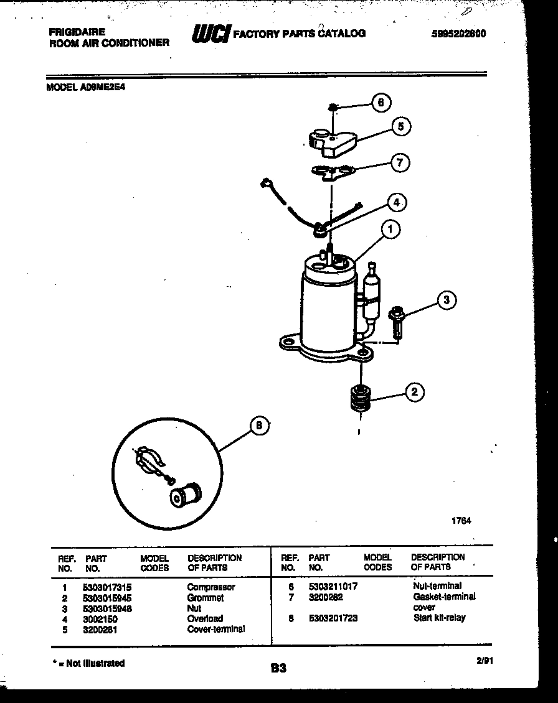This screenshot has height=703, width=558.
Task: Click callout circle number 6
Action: (382, 103)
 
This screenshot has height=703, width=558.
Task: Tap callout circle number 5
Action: (400, 126)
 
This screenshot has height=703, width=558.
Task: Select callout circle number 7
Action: (399, 163)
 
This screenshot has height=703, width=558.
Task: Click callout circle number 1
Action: (390, 230)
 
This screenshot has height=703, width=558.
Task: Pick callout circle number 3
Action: (446, 300)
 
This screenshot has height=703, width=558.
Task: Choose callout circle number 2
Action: (415, 391)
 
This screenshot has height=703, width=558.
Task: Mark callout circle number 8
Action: (260, 426)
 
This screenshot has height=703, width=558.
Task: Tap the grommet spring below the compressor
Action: (360, 398)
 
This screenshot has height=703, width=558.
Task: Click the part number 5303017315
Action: (107, 587)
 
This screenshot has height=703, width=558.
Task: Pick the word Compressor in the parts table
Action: (210, 587)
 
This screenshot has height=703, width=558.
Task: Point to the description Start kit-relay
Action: (439, 618)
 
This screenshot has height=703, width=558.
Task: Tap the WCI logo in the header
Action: (211, 33)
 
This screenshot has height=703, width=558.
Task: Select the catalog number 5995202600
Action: (458, 34)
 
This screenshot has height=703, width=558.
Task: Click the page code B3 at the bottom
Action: (278, 669)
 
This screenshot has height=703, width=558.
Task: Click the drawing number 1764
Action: (461, 521)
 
